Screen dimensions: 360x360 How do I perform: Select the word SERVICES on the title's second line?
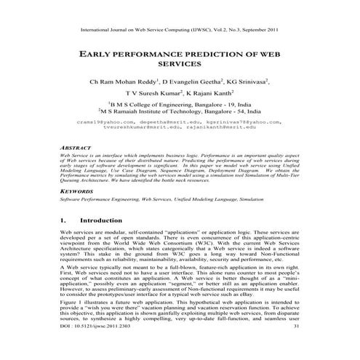point(179,64)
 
